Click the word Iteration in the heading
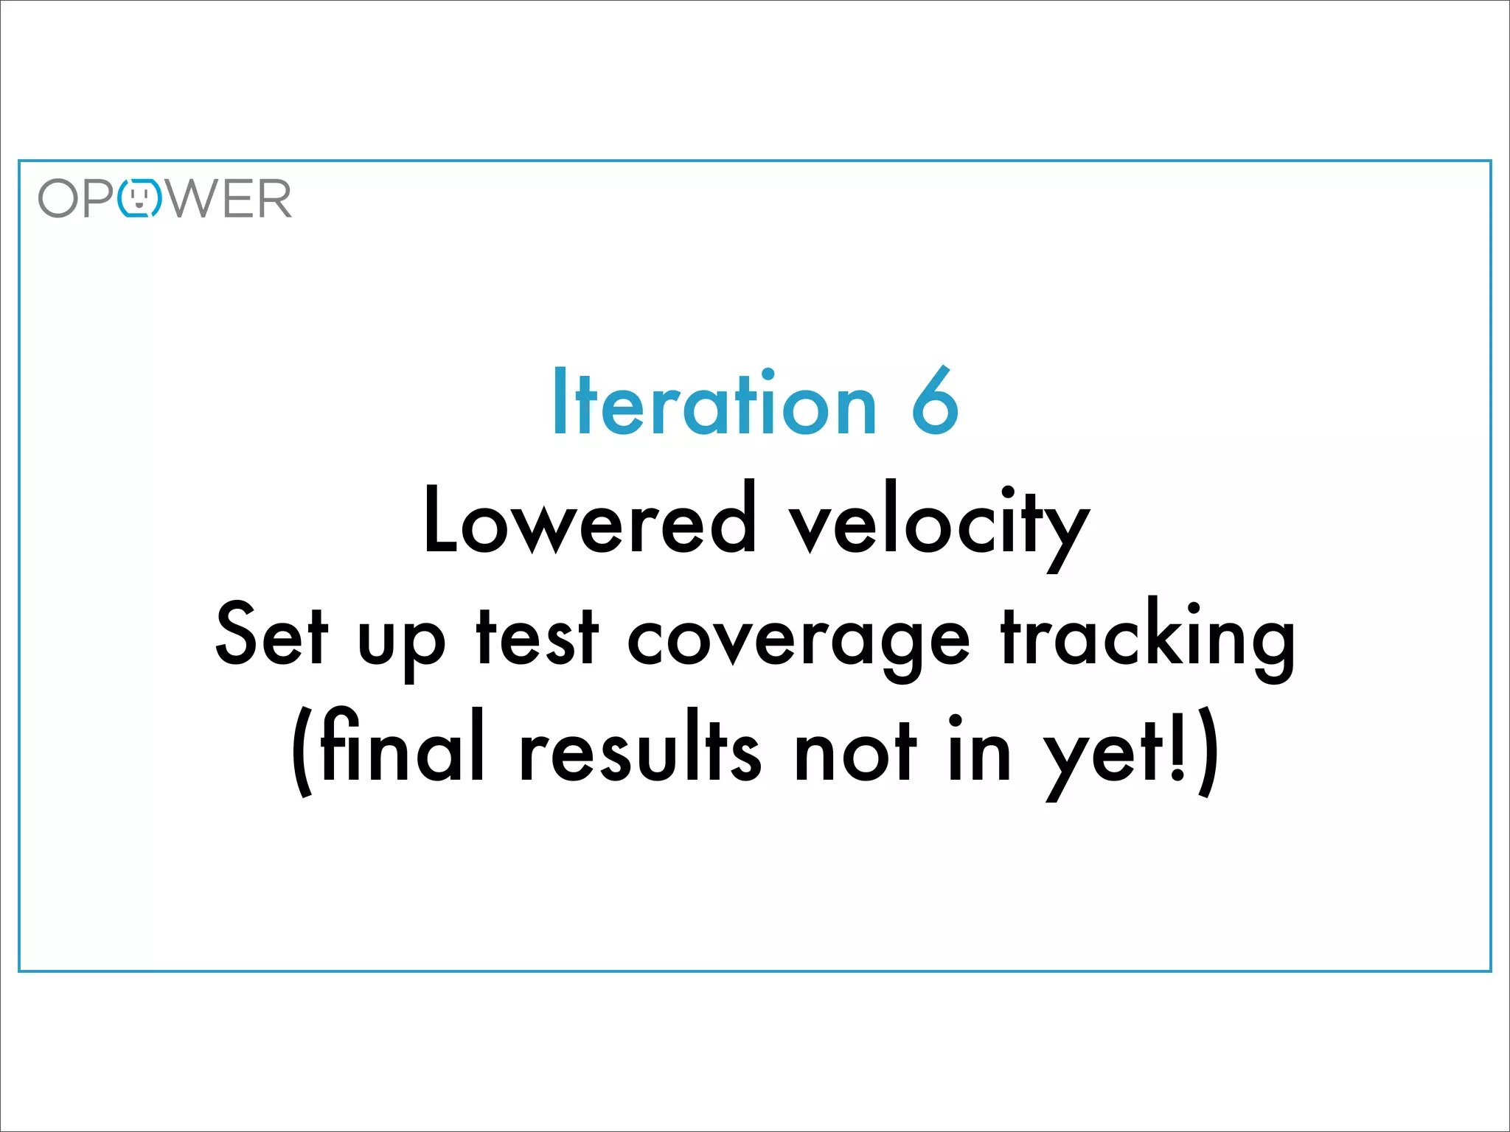click(714, 402)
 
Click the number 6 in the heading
click(935, 402)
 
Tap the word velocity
click(939, 523)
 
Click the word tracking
click(1147, 638)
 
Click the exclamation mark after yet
click(1177, 746)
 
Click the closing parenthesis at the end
click(1207, 752)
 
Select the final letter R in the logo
click(273, 199)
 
